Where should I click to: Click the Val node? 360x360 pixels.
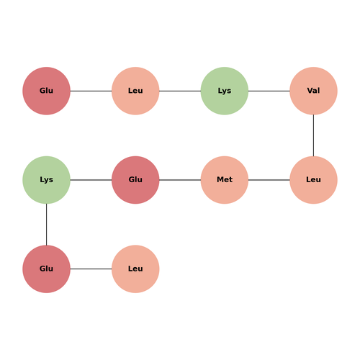coord(313,91)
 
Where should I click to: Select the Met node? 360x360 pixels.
coord(225,180)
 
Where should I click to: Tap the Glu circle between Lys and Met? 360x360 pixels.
coord(135,180)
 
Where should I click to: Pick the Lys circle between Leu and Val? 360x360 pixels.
coord(225,91)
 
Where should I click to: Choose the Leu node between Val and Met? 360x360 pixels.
coord(313,180)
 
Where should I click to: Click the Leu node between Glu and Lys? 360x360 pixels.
coord(135,91)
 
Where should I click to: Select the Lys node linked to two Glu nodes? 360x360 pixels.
coord(46,180)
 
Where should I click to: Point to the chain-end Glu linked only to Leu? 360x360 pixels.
coord(46,91)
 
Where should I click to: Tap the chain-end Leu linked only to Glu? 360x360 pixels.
coord(135,269)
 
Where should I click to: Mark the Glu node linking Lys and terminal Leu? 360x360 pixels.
coord(46,269)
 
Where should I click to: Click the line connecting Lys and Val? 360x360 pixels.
coord(269,91)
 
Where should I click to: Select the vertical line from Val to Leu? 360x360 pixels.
coord(313,135)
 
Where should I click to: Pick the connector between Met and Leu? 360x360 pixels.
coord(269,180)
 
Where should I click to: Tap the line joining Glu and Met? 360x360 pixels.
coord(180,180)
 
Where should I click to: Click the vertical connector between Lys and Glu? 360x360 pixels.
coord(46,225)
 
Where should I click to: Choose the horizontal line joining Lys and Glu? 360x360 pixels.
coord(91,180)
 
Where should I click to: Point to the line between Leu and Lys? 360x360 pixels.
coord(180,91)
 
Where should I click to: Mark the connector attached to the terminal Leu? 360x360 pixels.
coord(91,269)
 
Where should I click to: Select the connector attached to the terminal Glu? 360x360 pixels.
coord(91,91)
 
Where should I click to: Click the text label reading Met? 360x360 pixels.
coord(225,179)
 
